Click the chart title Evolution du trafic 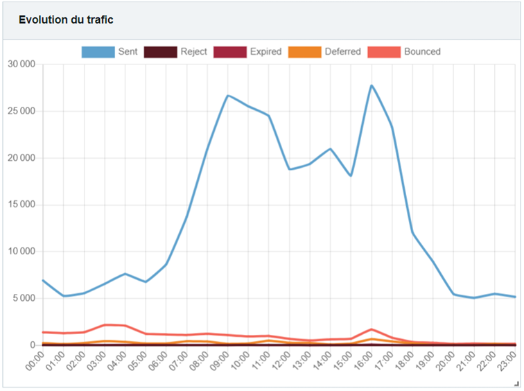[66, 20]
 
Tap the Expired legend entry [246, 51]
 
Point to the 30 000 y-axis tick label [22, 64]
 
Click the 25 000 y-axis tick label [22, 111]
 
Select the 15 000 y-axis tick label [22, 205]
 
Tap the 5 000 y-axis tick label [24, 298]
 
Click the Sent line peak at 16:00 [372, 85]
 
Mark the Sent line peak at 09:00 [227, 95]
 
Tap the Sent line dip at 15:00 [351, 175]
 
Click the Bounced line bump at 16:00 [372, 329]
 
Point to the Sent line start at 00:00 [43, 280]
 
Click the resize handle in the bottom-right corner [516, 384]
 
